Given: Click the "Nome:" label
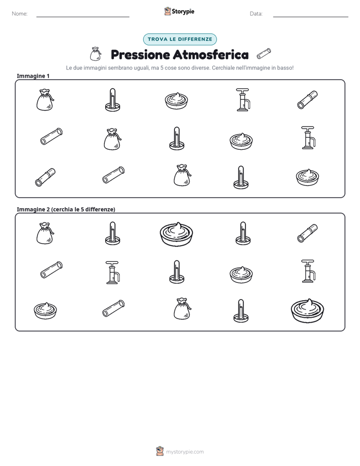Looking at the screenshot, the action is click(x=20, y=14).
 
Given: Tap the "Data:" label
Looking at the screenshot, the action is click(x=256, y=14).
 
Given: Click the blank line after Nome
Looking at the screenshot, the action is click(x=83, y=17).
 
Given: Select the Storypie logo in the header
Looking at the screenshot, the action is click(x=179, y=11).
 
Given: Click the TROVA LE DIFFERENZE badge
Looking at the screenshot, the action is click(x=180, y=39).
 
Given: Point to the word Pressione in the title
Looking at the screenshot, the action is click(x=140, y=54).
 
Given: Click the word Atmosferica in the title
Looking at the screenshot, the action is click(x=211, y=54).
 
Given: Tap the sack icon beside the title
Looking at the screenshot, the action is click(x=95, y=54).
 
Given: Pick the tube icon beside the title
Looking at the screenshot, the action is click(x=264, y=54).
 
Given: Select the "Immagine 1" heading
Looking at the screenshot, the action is click(x=33, y=76).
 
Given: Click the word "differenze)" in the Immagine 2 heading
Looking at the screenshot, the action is click(x=100, y=209).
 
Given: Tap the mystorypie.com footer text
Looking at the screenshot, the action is click(x=185, y=452).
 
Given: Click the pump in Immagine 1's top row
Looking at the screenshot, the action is click(x=243, y=100).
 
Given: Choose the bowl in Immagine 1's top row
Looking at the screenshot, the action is click(x=176, y=100).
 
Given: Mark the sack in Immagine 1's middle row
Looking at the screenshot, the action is click(x=112, y=139).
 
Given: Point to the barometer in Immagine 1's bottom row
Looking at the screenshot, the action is click(x=241, y=178).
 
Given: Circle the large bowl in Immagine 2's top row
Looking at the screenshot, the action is click(x=176, y=234).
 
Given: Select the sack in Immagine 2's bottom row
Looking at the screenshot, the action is click(x=183, y=309).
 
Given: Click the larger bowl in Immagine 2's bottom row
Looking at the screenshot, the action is click(x=308, y=311).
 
